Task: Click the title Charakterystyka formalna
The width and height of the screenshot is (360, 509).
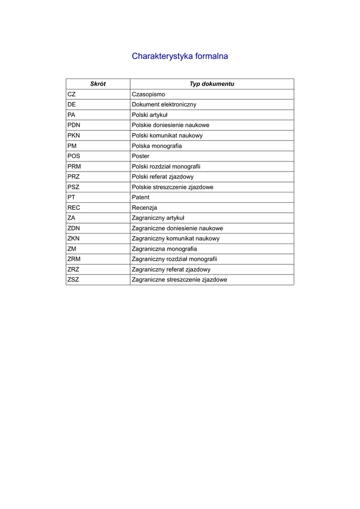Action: coord(180,56)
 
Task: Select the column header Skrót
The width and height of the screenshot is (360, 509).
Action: coord(97,84)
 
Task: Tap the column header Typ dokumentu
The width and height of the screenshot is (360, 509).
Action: coord(211,84)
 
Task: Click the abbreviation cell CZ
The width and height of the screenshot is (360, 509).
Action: coord(72,94)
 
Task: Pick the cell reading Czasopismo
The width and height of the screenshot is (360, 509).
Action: coord(148,94)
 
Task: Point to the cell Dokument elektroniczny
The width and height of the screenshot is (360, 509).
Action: coord(164,104)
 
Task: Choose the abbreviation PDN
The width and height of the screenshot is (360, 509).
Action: coord(74,125)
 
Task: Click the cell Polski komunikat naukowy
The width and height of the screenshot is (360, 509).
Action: coord(167,136)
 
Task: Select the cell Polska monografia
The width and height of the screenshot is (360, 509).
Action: coord(157,146)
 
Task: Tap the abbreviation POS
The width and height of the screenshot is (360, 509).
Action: coord(74,156)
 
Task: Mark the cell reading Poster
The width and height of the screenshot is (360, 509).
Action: coord(141,156)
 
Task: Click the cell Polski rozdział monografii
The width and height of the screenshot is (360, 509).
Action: coord(166,167)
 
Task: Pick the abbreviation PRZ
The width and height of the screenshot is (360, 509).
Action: coord(74,177)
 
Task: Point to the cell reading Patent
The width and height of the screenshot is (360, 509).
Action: coord(141,197)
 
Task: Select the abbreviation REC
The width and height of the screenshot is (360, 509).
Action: coord(74,208)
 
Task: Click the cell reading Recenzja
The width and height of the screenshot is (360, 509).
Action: coord(144,208)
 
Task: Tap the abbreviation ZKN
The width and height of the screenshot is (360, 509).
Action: coord(74,239)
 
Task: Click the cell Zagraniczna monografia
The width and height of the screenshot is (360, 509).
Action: coord(164,249)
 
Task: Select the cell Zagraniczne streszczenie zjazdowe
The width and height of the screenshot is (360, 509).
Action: coord(180,280)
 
